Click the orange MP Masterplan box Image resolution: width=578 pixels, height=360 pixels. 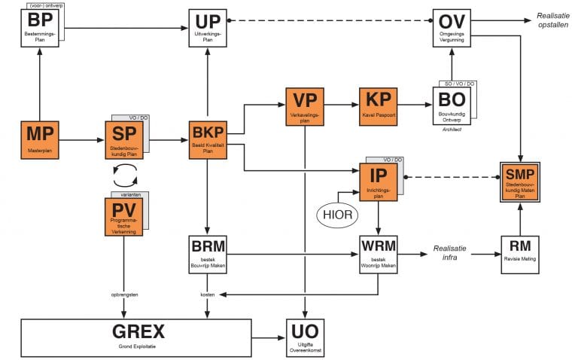pyautogui.click(x=38, y=139)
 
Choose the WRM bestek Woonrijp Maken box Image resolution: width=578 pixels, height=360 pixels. pyautogui.click(x=378, y=255)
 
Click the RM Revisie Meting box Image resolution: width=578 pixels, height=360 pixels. pyautogui.click(x=520, y=255)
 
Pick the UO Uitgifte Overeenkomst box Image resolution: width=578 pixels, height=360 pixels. pyautogui.click(x=305, y=336)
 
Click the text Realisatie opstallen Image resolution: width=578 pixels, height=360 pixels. pyautogui.click(x=555, y=21)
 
